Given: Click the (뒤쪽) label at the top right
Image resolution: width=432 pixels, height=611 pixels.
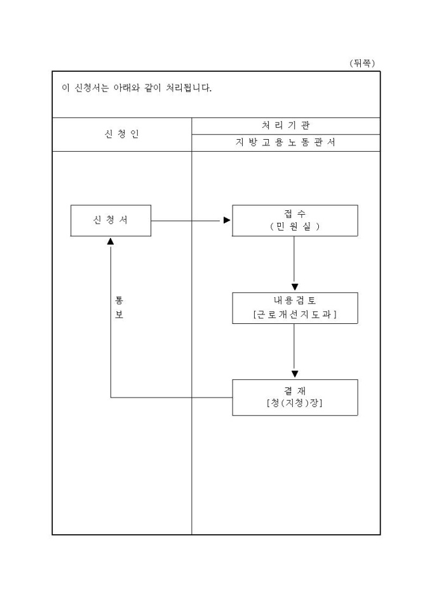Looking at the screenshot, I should [363, 63].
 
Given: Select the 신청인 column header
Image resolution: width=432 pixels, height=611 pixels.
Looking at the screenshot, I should [121, 135].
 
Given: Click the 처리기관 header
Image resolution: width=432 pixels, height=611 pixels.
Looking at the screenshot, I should [285, 125].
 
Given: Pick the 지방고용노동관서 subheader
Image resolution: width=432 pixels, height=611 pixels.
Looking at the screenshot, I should [285, 143].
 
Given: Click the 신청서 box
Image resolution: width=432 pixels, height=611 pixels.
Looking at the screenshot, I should [111, 220].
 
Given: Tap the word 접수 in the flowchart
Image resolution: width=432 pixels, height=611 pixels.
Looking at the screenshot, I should [295, 214].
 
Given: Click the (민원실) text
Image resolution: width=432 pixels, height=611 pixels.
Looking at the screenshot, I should [295, 226].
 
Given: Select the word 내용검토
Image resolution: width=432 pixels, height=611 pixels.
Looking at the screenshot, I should [295, 301].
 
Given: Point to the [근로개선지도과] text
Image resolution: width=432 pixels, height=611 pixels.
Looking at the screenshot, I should [295, 314].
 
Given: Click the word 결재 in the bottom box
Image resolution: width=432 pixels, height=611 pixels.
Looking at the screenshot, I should [295, 390].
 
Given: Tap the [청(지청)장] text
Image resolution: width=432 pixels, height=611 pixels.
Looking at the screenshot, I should [295, 403].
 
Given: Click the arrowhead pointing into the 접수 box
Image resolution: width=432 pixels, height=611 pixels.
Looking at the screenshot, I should [227, 220].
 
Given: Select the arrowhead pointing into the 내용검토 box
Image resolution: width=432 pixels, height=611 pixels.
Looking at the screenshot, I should [295, 287].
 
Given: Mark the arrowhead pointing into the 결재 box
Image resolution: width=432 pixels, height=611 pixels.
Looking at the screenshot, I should [295, 374].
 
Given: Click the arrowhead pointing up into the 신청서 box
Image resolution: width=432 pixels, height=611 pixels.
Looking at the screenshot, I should [111, 241].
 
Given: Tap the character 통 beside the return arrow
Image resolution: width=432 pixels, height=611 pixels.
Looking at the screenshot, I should [119, 300].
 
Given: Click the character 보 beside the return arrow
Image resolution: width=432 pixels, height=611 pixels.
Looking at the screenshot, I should [119, 315].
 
